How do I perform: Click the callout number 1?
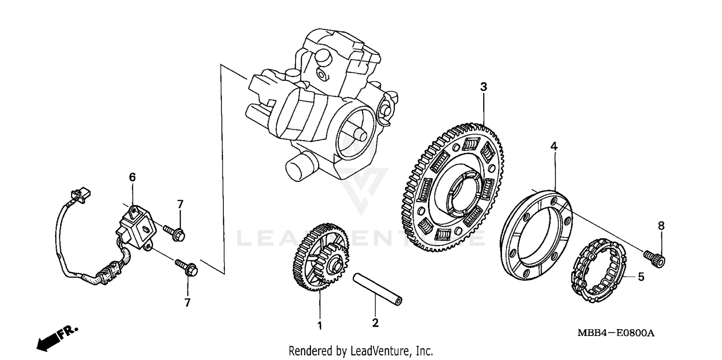[319, 326]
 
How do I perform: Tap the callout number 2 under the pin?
[375, 323]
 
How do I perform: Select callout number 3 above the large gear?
[483, 87]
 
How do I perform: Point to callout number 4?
[554, 146]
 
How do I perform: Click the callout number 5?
[641, 277]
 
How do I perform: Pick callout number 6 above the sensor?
[132, 178]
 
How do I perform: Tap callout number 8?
[661, 225]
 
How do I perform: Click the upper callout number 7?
[180, 204]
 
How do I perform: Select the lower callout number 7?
[187, 302]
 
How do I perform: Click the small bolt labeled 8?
[655, 258]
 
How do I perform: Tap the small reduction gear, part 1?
[321, 257]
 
